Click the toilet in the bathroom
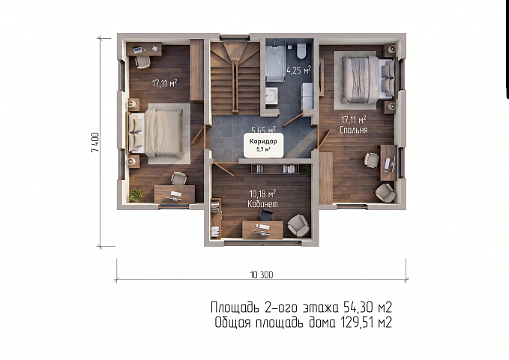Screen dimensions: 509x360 301,50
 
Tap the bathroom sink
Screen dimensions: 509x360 271,95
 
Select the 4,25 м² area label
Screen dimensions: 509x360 298,70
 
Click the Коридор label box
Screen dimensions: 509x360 263,145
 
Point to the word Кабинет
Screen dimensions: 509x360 262,204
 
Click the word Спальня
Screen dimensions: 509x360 354,130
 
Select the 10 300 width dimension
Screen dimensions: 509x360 262,274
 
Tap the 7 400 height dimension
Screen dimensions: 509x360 95,142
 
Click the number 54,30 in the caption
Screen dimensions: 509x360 355,307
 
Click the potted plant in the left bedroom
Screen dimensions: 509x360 136,195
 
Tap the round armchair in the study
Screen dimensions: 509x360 298,225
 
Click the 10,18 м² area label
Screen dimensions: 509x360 262,194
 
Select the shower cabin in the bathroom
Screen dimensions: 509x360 276,61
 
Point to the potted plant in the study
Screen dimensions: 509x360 305,170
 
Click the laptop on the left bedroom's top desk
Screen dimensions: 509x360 138,49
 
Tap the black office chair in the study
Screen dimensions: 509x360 267,215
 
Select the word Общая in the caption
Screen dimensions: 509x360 232,322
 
